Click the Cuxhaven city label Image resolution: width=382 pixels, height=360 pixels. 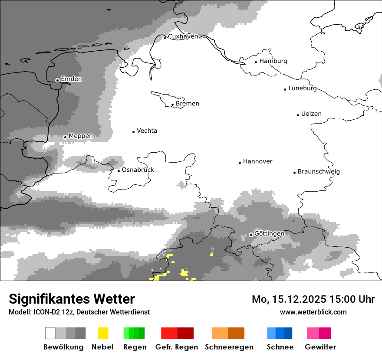[183, 36]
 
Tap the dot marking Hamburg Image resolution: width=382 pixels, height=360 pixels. [256, 62]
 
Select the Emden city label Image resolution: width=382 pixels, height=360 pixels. [71, 79]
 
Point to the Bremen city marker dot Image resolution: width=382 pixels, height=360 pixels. [173, 105]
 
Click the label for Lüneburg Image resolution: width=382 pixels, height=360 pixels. [303, 88]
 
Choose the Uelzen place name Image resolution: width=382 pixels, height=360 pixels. [311, 114]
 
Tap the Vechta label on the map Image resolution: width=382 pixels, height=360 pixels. [147, 131]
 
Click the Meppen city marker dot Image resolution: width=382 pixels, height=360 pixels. [66, 137]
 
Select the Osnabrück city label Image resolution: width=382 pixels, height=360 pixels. [138, 170]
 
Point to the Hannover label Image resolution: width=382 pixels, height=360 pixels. [257, 161]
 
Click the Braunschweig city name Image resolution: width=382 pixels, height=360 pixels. [319, 171]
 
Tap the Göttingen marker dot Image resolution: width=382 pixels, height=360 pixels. [251, 235]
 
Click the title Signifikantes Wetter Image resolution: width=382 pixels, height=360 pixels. [72, 299]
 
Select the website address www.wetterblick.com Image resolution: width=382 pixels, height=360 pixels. [313, 312]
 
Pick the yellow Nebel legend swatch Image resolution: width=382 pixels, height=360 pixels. [103, 333]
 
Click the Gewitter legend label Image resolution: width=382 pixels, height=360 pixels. [320, 347]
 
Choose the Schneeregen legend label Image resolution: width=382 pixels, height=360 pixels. [229, 347]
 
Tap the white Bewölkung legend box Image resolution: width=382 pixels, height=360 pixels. [50, 333]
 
